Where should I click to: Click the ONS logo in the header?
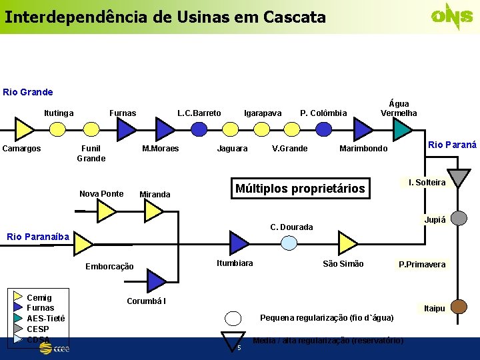[x=452, y=16]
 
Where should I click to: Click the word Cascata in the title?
[x=294, y=17]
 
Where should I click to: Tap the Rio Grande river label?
[x=28, y=92]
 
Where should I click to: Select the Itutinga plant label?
[x=59, y=113]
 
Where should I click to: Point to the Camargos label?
[x=22, y=149]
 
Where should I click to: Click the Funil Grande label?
[x=91, y=153]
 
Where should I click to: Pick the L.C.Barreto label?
[x=199, y=113]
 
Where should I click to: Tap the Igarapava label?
[x=263, y=113]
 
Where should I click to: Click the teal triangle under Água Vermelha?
[x=402, y=129]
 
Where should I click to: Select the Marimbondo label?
[x=363, y=149]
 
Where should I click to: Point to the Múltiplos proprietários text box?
[x=300, y=189]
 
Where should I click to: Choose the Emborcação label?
[x=109, y=267]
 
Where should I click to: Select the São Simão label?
[x=343, y=264]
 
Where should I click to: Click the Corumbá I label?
[x=147, y=301]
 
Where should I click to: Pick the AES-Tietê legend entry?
[x=45, y=319]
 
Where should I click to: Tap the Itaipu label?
[x=434, y=308]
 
